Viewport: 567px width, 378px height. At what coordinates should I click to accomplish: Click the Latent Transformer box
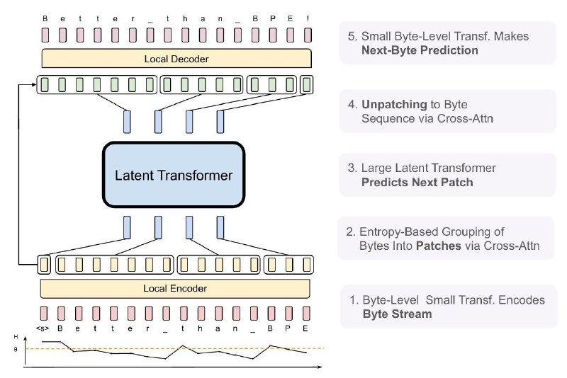pos(174,175)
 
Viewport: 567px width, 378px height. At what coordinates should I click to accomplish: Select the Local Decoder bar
pos(176,59)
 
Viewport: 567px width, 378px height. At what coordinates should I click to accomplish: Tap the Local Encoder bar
pos(175,289)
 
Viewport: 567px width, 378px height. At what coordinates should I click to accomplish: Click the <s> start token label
pos(43,328)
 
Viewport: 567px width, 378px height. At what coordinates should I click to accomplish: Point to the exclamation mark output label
pos(308,18)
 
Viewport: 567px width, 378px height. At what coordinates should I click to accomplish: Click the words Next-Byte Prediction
pos(420,50)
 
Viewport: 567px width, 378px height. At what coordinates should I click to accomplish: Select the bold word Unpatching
pos(395,105)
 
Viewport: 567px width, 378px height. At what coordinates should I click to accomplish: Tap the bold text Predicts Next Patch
pos(417,183)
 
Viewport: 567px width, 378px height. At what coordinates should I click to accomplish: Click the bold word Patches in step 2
pos(439,246)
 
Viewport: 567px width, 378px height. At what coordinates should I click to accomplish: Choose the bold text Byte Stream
pos(398,314)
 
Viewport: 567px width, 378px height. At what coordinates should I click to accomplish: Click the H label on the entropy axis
pos(16,337)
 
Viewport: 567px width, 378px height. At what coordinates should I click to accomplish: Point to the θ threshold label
pos(15,350)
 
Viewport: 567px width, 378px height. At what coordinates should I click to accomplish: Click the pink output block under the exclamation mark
pos(308,35)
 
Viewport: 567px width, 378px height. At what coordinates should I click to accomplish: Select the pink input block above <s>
pos(44,314)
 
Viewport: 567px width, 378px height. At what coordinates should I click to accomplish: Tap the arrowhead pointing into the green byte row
pos(34,84)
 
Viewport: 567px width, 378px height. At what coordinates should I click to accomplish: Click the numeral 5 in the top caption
pos(351,37)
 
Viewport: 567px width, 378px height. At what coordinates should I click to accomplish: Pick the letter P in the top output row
pos(273,18)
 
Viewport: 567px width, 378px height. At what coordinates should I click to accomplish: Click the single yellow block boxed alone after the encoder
pos(44,265)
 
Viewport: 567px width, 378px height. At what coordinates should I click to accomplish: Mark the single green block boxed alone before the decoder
pos(307,85)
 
